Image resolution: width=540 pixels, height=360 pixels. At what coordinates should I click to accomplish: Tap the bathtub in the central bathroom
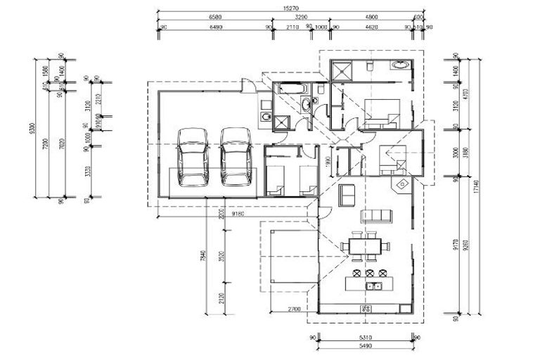coord(290,89)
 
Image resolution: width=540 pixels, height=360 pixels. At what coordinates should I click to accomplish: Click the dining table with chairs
coord(364,246)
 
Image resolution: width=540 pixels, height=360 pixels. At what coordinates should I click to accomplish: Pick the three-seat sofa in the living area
coord(375,214)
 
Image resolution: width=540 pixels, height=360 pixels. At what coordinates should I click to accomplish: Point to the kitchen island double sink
coord(374,285)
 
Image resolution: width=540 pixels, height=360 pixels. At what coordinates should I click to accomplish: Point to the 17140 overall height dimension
coord(477,187)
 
